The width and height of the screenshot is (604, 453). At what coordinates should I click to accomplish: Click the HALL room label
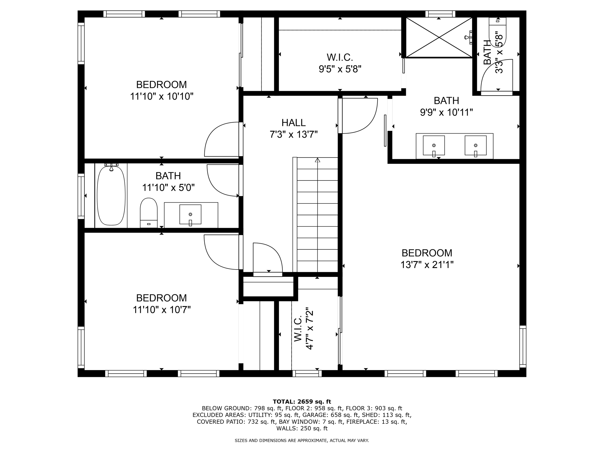tap(293, 123)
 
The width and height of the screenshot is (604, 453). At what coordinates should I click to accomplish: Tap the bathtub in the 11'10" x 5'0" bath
tap(111, 196)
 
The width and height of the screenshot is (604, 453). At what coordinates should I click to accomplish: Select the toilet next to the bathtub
tap(149, 212)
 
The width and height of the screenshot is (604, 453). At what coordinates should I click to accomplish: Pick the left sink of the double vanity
tap(434, 145)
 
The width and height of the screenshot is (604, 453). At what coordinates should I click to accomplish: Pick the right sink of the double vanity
tap(475, 145)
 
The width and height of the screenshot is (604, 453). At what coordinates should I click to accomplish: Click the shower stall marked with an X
tap(439, 37)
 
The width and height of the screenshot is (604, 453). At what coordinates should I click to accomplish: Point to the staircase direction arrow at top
tap(317, 160)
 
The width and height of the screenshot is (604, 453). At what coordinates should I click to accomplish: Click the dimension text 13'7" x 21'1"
tap(427, 265)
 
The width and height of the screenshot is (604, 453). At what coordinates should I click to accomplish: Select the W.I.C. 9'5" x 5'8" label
tap(340, 63)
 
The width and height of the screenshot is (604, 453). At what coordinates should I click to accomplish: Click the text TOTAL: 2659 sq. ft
tap(302, 402)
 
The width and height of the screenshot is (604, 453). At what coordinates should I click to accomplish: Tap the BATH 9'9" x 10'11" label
tap(446, 106)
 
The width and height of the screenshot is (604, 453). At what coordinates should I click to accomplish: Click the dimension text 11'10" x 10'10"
tap(162, 96)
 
